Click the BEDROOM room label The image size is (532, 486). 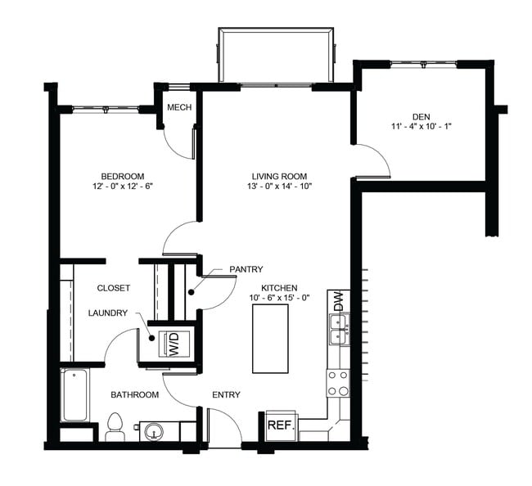coord(123,176)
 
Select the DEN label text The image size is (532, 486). coord(422,116)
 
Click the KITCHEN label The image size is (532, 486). coord(279,288)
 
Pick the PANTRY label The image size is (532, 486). coord(246,269)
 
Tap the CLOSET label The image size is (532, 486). coord(115,288)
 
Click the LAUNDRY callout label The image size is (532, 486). coord(108,313)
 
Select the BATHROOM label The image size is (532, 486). coord(135,395)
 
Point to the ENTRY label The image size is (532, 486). coord(226,395)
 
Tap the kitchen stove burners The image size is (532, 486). coord(337,383)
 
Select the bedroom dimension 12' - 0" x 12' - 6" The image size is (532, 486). coord(123,187)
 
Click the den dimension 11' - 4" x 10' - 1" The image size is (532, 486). coord(422,127)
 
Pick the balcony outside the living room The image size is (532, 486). coord(277,55)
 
